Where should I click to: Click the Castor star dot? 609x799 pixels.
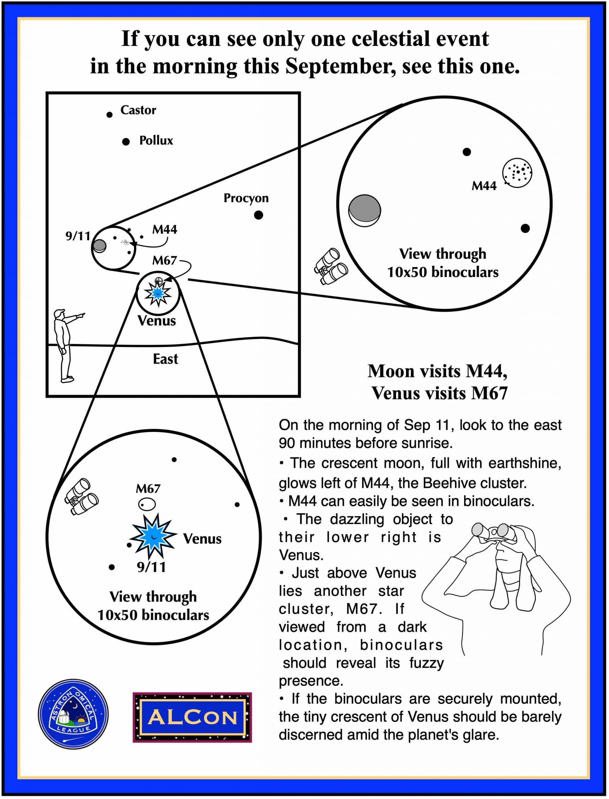[x=110, y=115]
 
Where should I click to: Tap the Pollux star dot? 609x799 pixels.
[x=126, y=142]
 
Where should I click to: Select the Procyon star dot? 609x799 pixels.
[x=259, y=215]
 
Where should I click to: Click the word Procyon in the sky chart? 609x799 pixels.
[x=246, y=198]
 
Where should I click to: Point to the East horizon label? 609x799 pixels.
[x=166, y=359]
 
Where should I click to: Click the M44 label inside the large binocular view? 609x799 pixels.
[x=484, y=186]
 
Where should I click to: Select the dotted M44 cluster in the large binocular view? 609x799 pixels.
[x=517, y=173]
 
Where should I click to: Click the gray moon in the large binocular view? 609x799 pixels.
[x=364, y=210]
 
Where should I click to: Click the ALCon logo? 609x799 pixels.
[x=192, y=717]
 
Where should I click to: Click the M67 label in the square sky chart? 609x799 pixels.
[x=165, y=260]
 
